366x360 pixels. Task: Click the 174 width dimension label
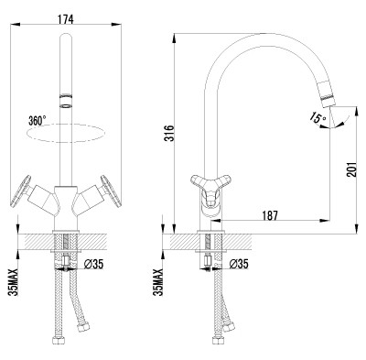coord(66,19)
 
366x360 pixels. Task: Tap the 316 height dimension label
coord(169,133)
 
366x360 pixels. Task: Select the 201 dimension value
coord(351,169)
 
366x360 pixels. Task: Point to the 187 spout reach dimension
coord(270,215)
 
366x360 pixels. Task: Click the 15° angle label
coord(318,117)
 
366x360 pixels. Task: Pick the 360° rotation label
coord(38,121)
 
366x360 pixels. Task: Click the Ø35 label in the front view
coord(93,264)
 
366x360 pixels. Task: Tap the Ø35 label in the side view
coord(239,264)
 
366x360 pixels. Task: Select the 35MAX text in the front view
coord(14,281)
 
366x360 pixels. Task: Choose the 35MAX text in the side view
coord(158,281)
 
